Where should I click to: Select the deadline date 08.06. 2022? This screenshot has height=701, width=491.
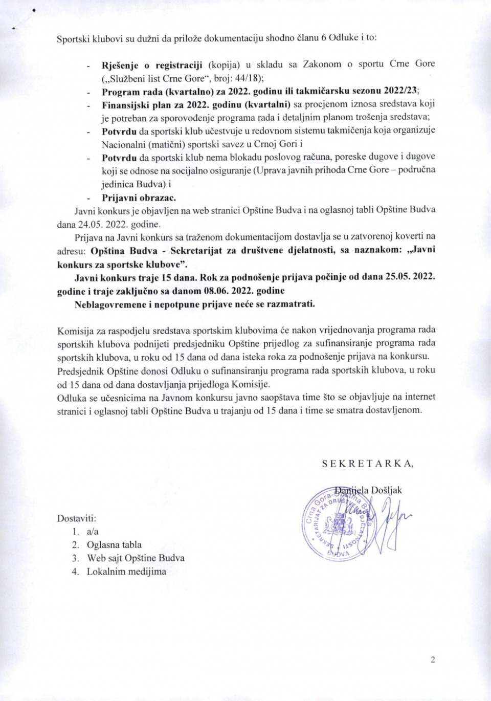(x=230, y=290)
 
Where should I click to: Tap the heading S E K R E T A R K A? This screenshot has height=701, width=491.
(x=368, y=463)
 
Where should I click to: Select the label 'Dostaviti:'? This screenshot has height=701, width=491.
(x=77, y=518)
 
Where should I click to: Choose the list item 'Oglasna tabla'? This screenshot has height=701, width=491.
(x=114, y=545)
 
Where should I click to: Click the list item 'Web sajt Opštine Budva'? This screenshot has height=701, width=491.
(x=136, y=558)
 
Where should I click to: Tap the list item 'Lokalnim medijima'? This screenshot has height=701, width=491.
(x=126, y=572)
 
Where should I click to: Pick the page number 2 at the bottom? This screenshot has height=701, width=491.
(x=433, y=660)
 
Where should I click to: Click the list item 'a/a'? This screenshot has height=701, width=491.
(x=93, y=532)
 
